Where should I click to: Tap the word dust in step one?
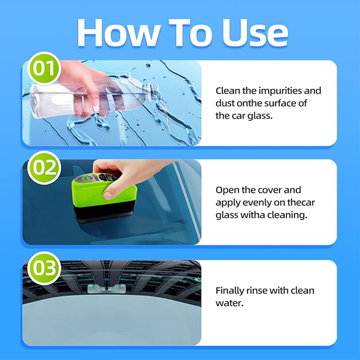click(225, 103)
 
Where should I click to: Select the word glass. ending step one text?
click(260, 116)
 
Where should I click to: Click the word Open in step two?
click(227, 190)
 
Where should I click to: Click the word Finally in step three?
click(231, 291)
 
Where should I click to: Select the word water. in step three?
click(228, 303)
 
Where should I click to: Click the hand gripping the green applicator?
click(119, 175)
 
